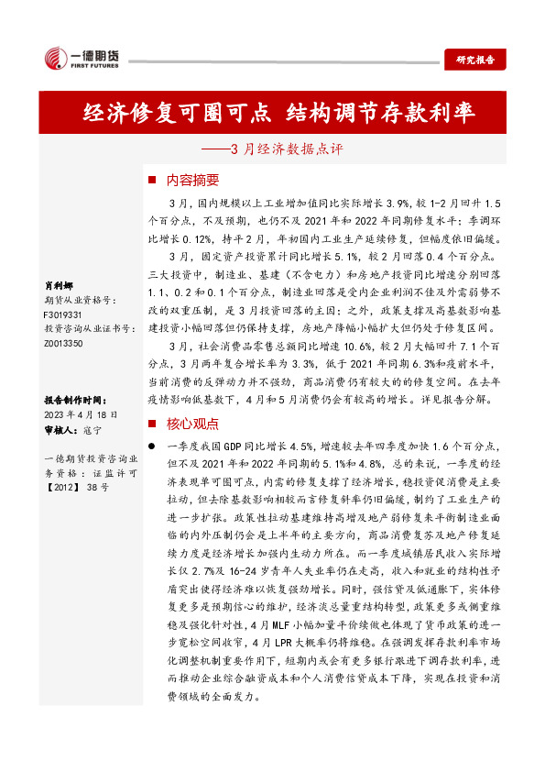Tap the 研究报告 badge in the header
pos(474,61)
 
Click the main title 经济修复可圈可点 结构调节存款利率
pos(278,113)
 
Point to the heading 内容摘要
pos(187,180)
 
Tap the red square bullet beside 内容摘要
pos(152,180)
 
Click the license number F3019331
pos(63,314)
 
